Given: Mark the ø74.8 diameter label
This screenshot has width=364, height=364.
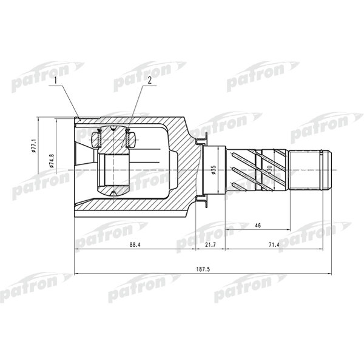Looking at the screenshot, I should coord(52,161).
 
